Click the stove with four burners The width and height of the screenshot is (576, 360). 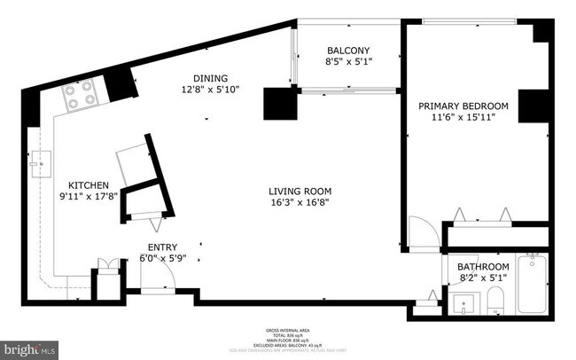click(x=81, y=95)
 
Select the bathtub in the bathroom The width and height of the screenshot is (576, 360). click(x=533, y=283)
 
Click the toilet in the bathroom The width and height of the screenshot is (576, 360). click(x=496, y=299)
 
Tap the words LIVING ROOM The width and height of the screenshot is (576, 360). click(x=300, y=191)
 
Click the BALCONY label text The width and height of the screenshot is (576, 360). click(x=347, y=51)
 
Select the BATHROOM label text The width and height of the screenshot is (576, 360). click(x=483, y=266)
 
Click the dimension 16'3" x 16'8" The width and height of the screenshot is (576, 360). click(x=300, y=203)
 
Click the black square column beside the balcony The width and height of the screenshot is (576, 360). click(x=277, y=104)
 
